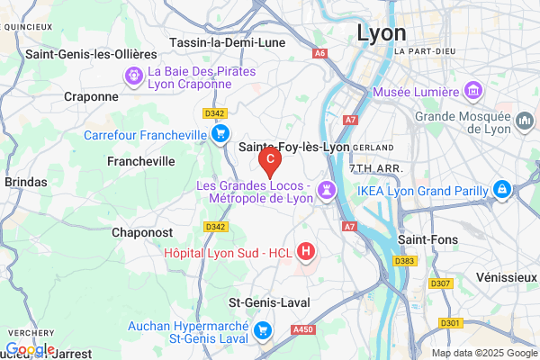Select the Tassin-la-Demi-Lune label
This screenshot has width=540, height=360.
[x=229, y=42]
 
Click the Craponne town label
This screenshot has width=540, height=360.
[x=92, y=96]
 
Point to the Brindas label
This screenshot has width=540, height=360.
[x=25, y=182]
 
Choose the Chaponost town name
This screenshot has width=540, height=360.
[x=142, y=232]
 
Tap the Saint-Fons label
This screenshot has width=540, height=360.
[x=428, y=240]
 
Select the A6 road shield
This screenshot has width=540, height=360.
[x=319, y=53]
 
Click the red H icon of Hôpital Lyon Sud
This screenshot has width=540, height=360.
[x=306, y=251]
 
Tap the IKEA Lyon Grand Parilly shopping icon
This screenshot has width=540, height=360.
[x=502, y=190]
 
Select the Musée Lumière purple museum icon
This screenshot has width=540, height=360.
[x=472, y=90]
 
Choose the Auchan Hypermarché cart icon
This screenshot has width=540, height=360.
[x=262, y=330]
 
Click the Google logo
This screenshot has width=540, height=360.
[x=30, y=349]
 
